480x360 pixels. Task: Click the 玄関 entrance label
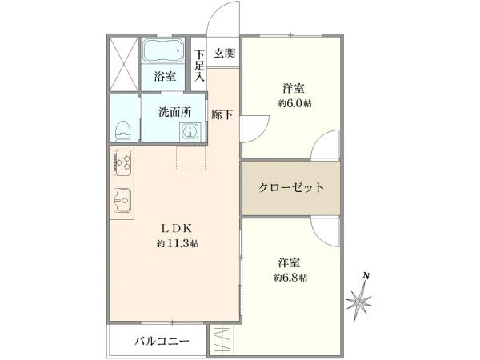coord(224,54)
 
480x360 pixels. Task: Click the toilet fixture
coord(122,128)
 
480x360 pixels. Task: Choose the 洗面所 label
coord(174,112)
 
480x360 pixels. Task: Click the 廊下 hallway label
coord(222,114)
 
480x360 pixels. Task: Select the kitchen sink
coord(122,200)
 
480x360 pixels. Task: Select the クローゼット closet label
coord(291,188)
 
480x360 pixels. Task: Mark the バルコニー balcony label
coord(162,341)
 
